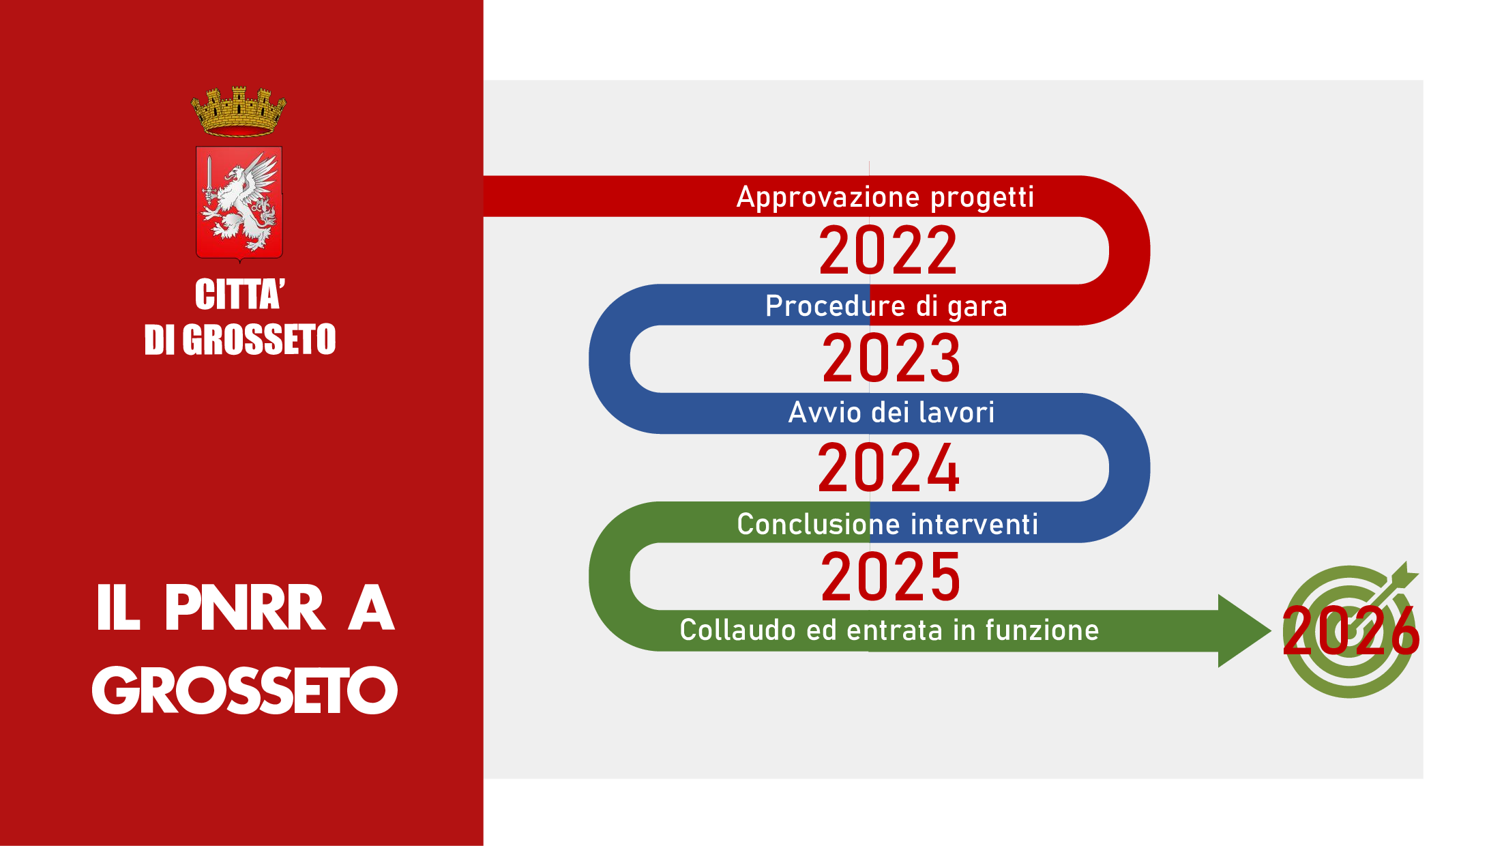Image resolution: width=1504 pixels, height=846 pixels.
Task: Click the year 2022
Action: click(x=888, y=251)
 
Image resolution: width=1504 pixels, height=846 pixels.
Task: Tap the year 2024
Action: click(x=889, y=468)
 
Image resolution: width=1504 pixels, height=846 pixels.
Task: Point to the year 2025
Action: click(x=891, y=577)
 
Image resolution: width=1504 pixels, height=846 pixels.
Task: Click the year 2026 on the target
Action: click(x=1351, y=631)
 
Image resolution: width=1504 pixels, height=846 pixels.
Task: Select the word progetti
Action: click(x=982, y=198)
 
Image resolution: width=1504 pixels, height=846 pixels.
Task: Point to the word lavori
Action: click(x=956, y=413)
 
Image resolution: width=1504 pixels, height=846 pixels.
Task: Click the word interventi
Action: click(x=975, y=525)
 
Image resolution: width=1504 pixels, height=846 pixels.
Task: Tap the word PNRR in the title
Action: click(x=244, y=608)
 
